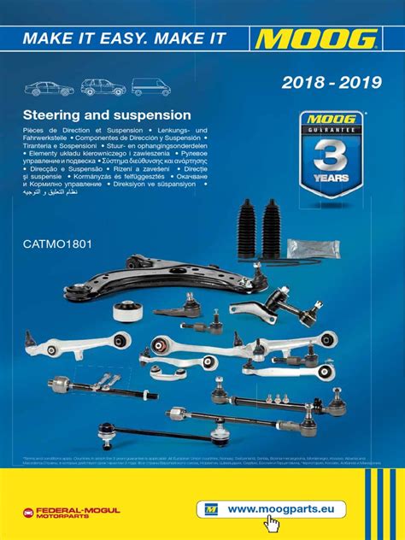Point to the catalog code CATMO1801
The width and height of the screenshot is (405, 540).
[x=56, y=244]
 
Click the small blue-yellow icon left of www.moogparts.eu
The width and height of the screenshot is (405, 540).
[x=212, y=508]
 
